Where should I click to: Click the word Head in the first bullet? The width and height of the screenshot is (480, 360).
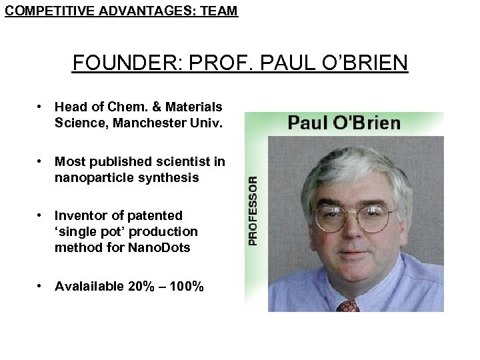tap(69, 107)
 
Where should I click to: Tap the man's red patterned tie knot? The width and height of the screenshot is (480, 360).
tap(348, 306)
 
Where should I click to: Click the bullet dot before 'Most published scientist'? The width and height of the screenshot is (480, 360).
tap(41, 161)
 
